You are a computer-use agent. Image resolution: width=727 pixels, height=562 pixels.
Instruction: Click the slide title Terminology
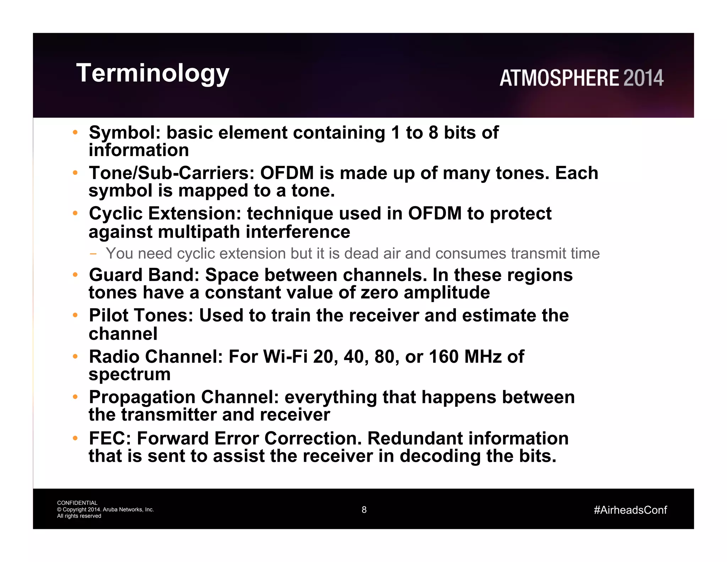point(153,74)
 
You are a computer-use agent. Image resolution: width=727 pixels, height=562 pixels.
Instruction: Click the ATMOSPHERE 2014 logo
point(581,78)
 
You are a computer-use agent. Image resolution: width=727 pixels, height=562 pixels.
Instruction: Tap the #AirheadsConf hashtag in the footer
point(630,510)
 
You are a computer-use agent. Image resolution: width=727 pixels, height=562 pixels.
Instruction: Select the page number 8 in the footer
point(364,510)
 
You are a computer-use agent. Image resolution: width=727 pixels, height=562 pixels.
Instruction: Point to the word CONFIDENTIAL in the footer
point(77,503)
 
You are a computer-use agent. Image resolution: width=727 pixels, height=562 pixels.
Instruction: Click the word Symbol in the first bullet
point(125,133)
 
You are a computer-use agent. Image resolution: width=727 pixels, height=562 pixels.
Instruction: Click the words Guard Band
point(144,275)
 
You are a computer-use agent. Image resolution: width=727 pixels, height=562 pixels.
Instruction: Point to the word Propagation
point(142,397)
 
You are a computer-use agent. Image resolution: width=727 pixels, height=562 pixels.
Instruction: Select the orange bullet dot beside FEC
point(75,438)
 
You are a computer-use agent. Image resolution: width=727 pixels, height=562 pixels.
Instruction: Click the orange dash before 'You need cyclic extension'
point(93,254)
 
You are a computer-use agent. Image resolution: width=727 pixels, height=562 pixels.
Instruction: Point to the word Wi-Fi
point(285,357)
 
